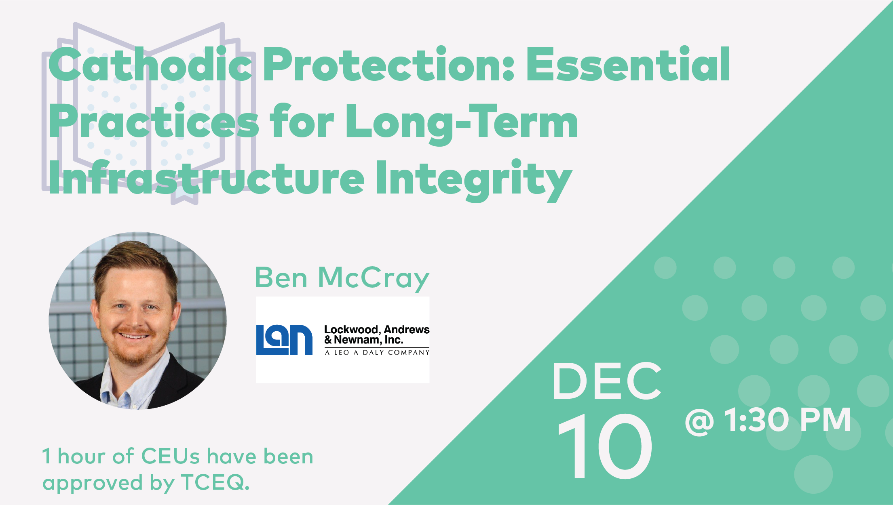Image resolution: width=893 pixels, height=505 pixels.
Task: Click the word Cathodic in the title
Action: point(150,64)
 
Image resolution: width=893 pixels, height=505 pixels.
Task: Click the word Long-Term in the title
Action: point(462,123)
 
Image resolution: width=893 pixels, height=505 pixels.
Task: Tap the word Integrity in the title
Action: point(473,179)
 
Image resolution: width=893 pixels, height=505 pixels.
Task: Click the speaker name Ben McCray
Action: point(342,278)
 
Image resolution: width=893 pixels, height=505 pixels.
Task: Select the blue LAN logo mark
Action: point(284,340)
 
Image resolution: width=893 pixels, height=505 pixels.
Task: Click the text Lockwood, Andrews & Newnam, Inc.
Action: point(377,335)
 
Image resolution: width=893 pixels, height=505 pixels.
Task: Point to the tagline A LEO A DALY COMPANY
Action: point(377,352)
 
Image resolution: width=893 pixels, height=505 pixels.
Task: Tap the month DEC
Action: point(607,381)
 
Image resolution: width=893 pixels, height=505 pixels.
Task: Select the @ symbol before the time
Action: point(699,421)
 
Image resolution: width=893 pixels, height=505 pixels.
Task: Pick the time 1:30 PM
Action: point(787,420)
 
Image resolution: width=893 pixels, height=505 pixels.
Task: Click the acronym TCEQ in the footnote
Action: point(215,482)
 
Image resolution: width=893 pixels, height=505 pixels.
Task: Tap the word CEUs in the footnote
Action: point(170,457)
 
